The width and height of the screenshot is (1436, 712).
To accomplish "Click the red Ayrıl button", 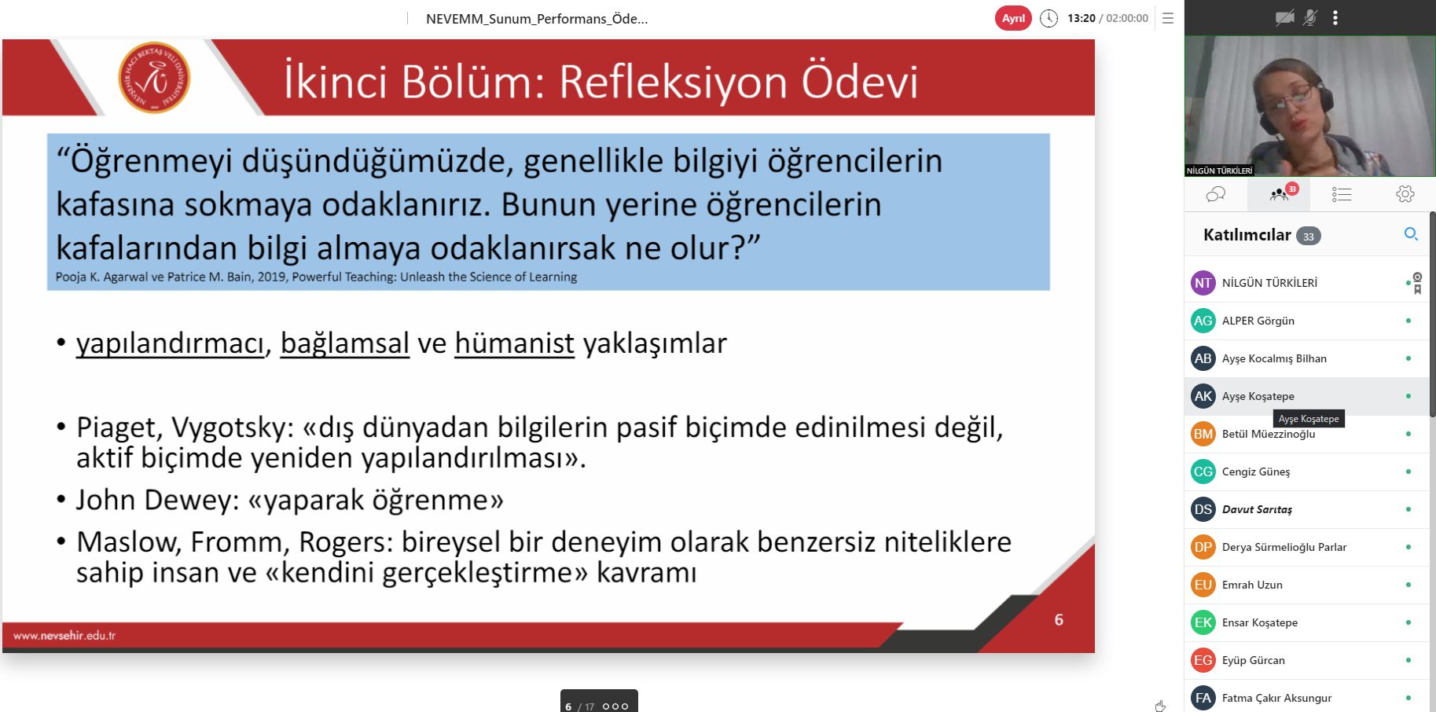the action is pos(1013,18).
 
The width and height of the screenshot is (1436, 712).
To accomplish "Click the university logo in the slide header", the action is pos(154,78).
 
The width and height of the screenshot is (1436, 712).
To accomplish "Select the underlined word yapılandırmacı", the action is pos(170,343).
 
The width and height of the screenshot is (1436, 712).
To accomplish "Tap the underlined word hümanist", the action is pos(514,343).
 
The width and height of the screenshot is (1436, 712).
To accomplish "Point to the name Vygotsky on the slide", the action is pos(233,428).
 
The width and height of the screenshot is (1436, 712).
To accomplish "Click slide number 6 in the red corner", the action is pos(1059,620).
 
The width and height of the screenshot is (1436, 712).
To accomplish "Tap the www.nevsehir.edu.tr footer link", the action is pos(64,635).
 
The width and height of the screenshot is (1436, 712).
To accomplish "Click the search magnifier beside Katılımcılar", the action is pos(1411,234).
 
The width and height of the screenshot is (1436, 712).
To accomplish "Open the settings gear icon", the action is pos(1405,194).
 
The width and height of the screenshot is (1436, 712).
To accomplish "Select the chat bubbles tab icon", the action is pos(1215,194).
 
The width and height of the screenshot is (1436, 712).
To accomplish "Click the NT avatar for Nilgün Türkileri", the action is pos(1203,283).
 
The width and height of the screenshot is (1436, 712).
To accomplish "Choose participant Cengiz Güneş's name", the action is pos(1256,472).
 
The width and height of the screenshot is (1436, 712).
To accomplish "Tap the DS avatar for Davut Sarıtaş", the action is pos(1203,509).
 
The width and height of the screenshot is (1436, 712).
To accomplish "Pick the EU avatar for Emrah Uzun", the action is pos(1203,585).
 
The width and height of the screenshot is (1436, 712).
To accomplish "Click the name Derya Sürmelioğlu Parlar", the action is pos(1284,547).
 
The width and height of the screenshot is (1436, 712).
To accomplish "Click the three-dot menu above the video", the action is pos(1335,17).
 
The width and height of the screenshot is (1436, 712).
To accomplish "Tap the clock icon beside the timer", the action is pos(1049,18).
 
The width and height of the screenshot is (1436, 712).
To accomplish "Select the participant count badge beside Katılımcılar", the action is pos(1308,236).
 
